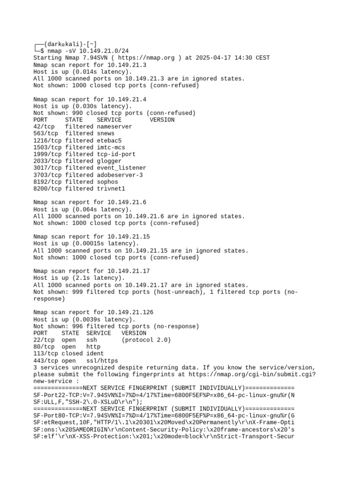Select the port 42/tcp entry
[44, 127]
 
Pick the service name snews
[105, 134]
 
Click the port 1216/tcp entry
[47, 141]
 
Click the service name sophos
[107, 182]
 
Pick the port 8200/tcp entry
[47, 188]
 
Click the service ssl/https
[102, 360]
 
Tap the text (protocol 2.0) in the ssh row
[146, 340]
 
